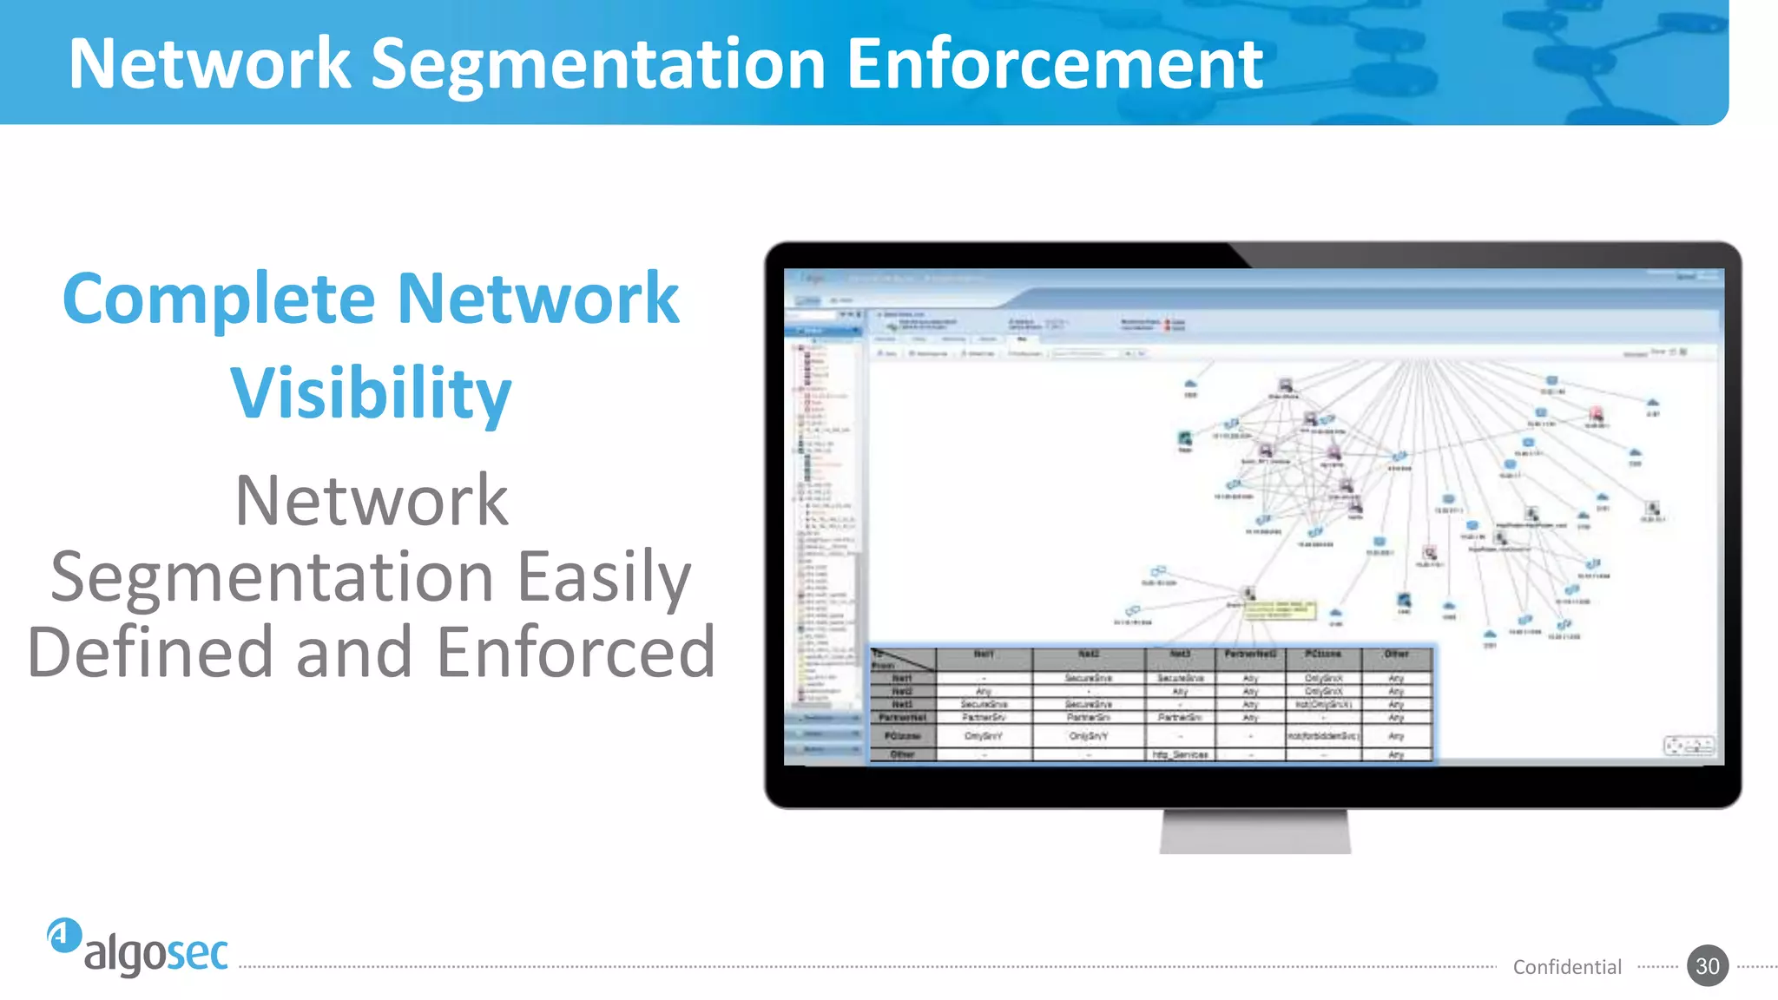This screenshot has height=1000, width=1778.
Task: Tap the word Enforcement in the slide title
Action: [x=1054, y=64]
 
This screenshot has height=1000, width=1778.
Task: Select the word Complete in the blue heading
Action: [x=219, y=299]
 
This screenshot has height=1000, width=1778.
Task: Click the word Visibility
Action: [x=371, y=393]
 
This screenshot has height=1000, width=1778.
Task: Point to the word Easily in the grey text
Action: [x=604, y=576]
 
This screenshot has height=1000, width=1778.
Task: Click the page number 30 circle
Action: [x=1707, y=966]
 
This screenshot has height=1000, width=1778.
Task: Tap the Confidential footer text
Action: [x=1567, y=967]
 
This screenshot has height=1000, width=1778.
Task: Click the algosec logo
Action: [x=139, y=947]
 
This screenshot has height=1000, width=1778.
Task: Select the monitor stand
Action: [x=1254, y=832]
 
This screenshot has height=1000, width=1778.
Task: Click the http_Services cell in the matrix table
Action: [x=1180, y=754]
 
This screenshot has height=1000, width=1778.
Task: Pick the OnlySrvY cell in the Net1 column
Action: [x=984, y=736]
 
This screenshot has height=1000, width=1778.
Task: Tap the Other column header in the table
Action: [x=1396, y=655]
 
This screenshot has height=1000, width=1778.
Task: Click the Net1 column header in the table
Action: [x=984, y=655]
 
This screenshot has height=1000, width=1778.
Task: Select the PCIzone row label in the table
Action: [x=903, y=736]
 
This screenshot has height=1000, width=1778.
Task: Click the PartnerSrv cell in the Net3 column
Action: [x=1180, y=718]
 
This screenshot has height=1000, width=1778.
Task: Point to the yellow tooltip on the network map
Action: [x=1281, y=609]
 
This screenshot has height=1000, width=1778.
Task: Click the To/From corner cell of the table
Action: [x=902, y=660]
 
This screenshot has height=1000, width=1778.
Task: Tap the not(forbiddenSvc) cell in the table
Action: [x=1323, y=736]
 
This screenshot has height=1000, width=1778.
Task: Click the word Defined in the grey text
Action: [x=149, y=652]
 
